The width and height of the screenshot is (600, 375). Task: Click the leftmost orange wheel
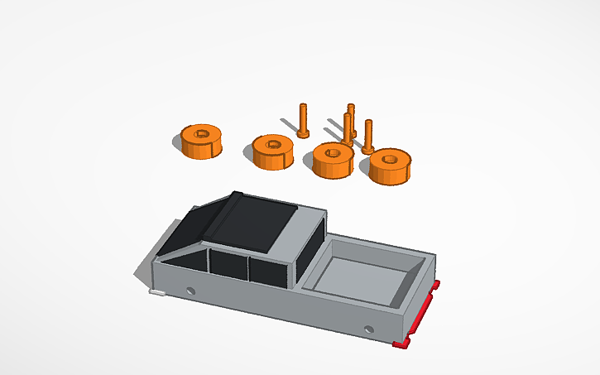(202, 142)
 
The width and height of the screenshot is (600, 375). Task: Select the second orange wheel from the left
(274, 151)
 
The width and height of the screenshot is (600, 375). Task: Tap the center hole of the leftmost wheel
(202, 133)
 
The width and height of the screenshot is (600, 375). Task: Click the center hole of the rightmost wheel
(390, 156)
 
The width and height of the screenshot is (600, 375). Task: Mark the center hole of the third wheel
(334, 151)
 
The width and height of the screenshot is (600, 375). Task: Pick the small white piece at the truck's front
(156, 292)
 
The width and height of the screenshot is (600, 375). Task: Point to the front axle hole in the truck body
(192, 291)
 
